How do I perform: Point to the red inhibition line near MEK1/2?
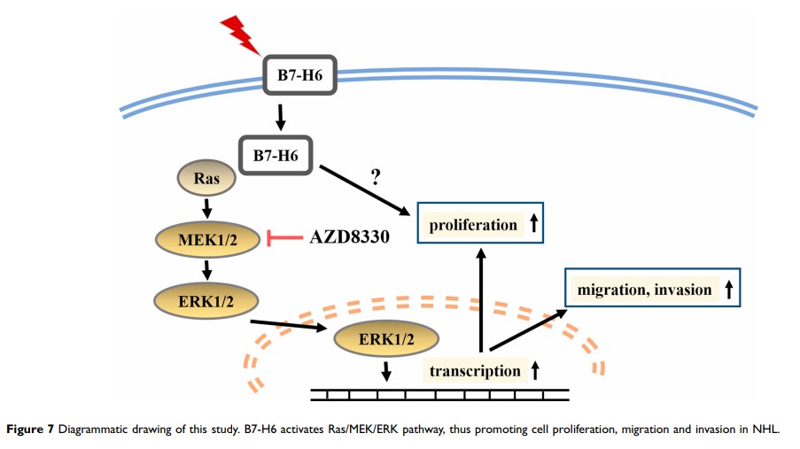pos(283,236)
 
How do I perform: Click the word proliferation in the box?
pos(473,225)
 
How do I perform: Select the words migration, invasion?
pos(644,290)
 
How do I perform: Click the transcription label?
pos(475,371)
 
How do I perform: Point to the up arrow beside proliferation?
pos(533,225)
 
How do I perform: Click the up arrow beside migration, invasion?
pos(727,290)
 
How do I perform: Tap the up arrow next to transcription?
pos(535,371)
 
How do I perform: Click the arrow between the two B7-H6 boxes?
pos(280,116)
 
